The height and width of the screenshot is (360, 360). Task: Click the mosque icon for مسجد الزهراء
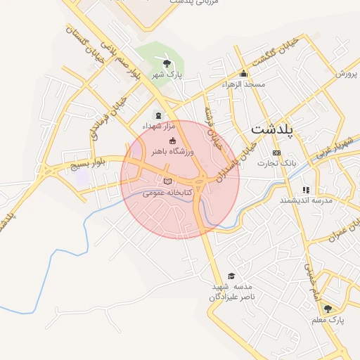244,74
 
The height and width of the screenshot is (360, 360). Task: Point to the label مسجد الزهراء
243,84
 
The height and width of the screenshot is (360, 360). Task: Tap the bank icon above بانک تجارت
276,153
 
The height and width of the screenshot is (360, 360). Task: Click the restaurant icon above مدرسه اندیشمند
306,189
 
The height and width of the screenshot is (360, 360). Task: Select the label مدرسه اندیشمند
305,200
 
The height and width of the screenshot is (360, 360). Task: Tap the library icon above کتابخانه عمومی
167,181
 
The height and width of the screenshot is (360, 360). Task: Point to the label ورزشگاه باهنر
172,151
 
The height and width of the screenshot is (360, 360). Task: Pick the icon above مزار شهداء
157,115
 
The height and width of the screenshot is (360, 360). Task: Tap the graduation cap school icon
231,276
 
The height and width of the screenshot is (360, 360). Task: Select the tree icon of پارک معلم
328,308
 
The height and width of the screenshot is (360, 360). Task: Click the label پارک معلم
329,320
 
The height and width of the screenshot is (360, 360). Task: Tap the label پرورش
346,73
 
